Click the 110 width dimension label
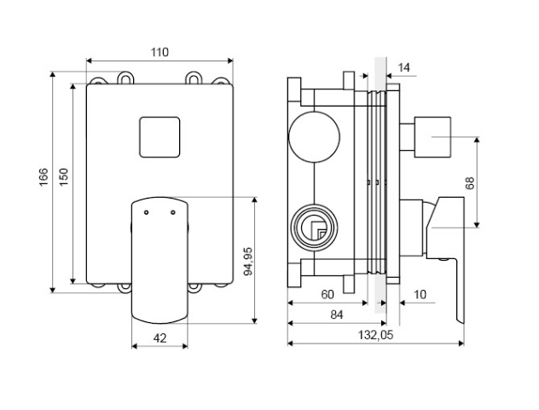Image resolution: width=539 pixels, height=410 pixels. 159,52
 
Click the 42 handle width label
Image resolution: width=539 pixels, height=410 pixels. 159,337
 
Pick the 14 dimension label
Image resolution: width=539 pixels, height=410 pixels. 404,66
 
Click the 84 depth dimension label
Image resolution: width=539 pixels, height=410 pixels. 336,315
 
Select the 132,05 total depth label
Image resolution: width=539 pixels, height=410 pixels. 374,336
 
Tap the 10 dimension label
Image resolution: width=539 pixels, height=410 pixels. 420,294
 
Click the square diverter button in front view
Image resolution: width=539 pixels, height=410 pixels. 159,139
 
